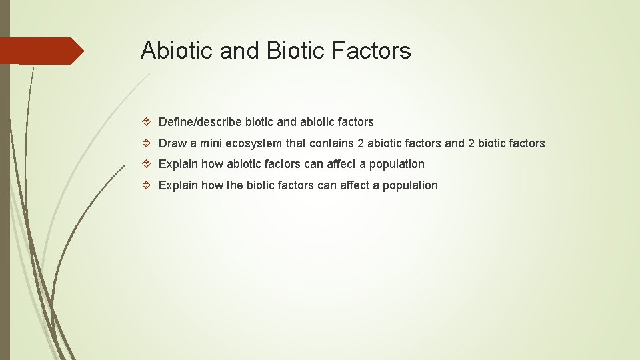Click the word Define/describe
coord(200,122)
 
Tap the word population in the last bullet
coord(410,185)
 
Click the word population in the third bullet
coord(397,164)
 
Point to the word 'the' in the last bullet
coord(235,185)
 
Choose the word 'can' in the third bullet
coord(313,164)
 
